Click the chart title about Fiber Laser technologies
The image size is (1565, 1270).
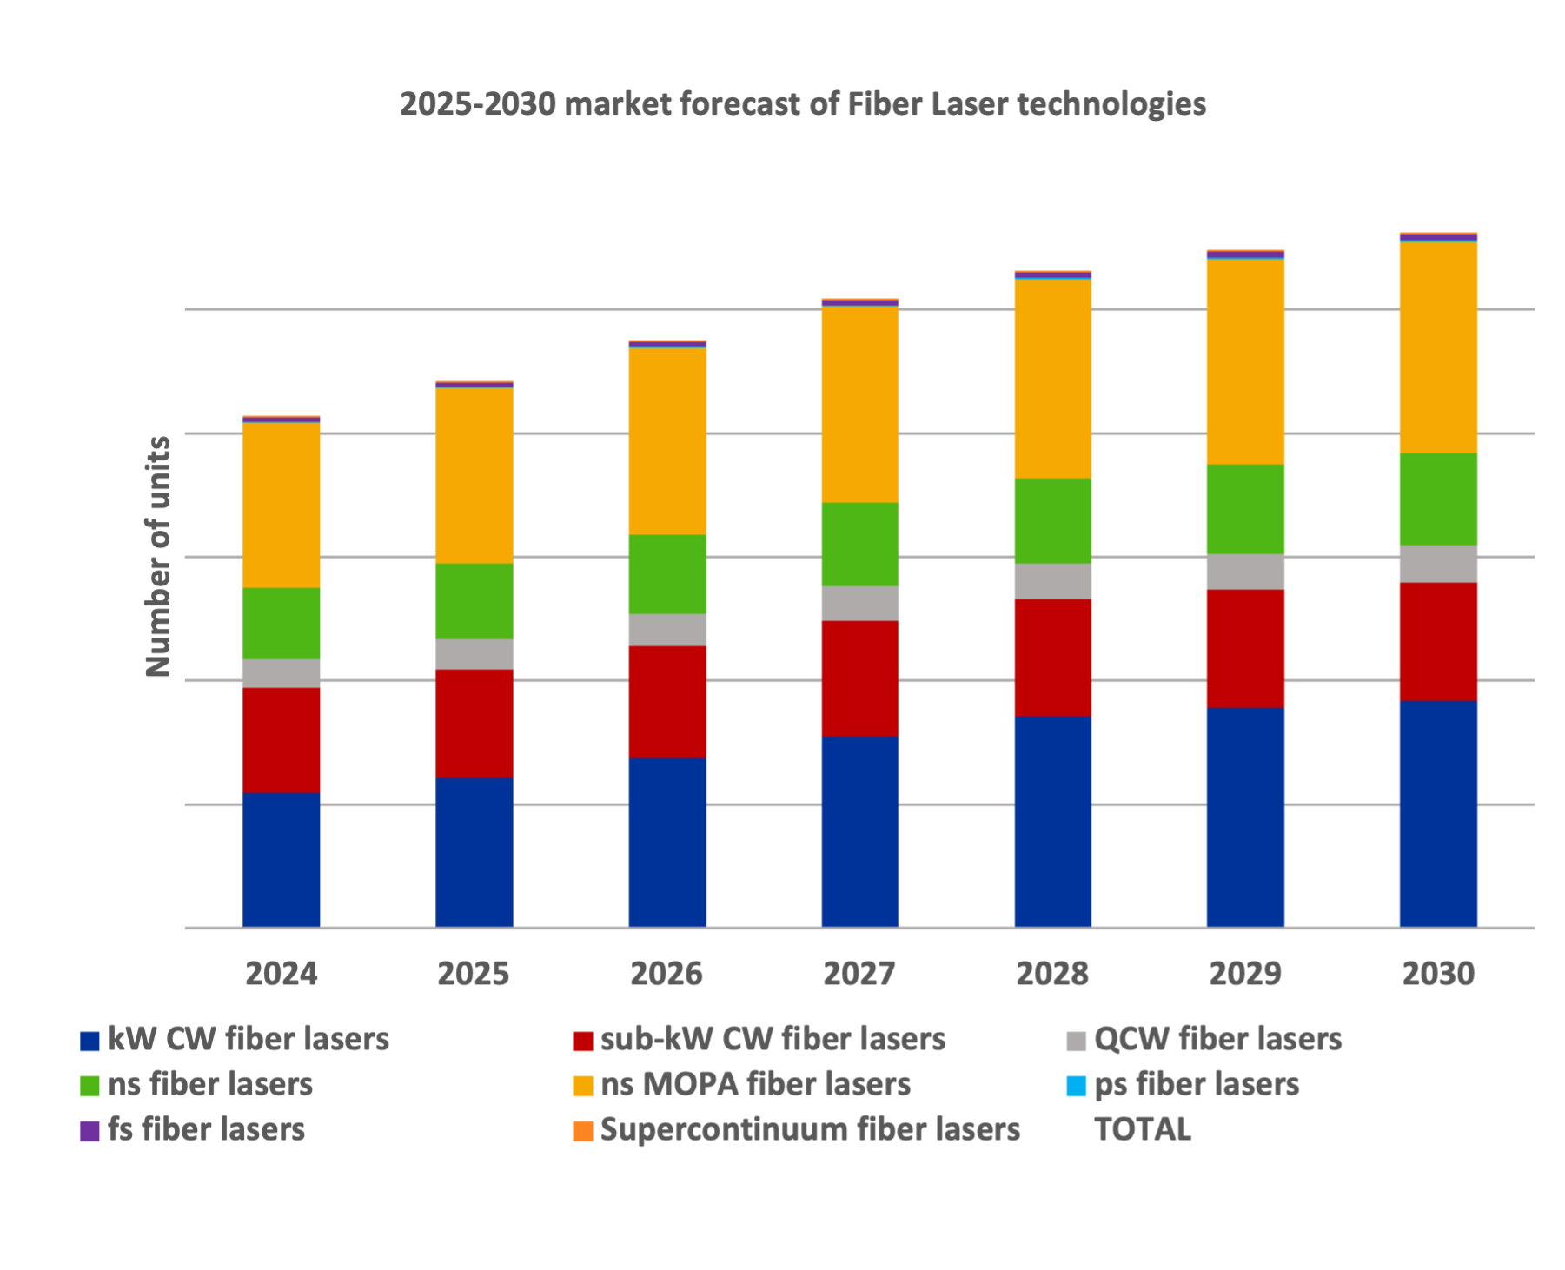(803, 105)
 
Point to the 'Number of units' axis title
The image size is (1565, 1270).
(158, 557)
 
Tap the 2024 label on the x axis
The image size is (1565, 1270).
(282, 974)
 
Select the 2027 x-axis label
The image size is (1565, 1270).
(860, 974)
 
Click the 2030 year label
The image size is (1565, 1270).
(1438, 974)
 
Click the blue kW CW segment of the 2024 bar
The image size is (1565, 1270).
(282, 860)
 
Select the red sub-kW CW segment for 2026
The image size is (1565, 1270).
(667, 702)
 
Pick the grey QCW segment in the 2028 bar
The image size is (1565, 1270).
(1053, 581)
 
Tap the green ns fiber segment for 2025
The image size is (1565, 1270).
(474, 601)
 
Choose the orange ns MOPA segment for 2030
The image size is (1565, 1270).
(1438, 347)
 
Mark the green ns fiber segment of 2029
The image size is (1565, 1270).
(1245, 509)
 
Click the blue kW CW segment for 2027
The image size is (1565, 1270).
(860, 831)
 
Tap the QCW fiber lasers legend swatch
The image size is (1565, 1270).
(1077, 1041)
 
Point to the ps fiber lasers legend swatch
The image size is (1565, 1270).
(1077, 1086)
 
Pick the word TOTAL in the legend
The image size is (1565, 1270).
(1143, 1130)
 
